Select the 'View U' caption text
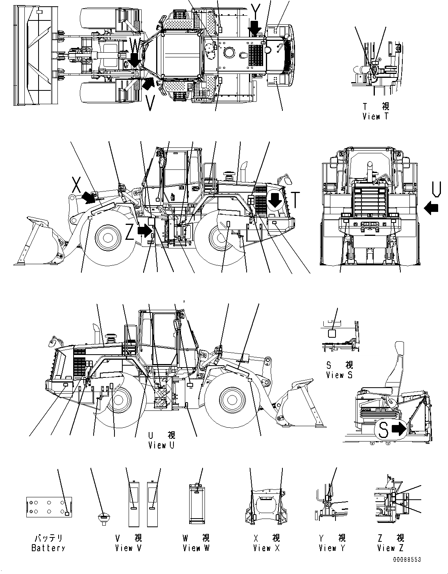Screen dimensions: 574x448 pyautogui.click(x=161, y=445)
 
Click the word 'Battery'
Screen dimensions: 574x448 pyautogui.click(x=48, y=548)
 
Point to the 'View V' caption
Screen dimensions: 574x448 pyautogui.click(x=128, y=548)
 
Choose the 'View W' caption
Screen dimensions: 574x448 pyautogui.click(x=196, y=548)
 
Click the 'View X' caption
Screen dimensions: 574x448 pyautogui.click(x=266, y=548)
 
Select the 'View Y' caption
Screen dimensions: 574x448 pyautogui.click(x=332, y=548)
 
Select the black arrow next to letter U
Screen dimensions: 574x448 pyautogui.click(x=432, y=208)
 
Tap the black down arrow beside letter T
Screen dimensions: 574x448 pyautogui.click(x=275, y=201)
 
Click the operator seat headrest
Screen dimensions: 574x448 pyautogui.click(x=398, y=350)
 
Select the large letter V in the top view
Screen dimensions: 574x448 pyautogui.click(x=150, y=103)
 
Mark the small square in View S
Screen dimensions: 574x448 pyautogui.click(x=332, y=333)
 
